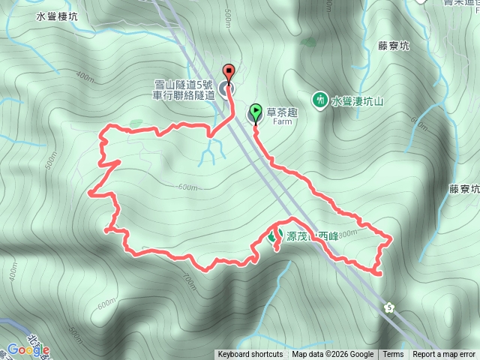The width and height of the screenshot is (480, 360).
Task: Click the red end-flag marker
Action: [x=229, y=73]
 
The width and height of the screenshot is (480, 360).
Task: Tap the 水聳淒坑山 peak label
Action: [x=359, y=100]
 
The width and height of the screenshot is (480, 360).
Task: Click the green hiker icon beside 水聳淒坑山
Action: [x=319, y=99]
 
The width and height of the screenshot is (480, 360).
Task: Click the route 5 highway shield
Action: [x=388, y=306]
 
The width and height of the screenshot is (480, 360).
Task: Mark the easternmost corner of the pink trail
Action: [x=391, y=238]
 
